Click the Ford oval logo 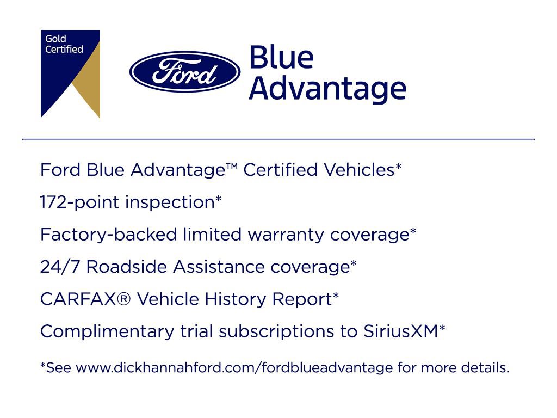click(x=184, y=72)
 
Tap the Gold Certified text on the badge click(x=64, y=44)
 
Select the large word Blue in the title click(x=281, y=58)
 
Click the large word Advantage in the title click(x=327, y=88)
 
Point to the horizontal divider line click(x=278, y=140)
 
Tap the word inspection click(x=170, y=202)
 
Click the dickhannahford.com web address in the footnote click(x=234, y=368)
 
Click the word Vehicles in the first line click(x=358, y=170)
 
